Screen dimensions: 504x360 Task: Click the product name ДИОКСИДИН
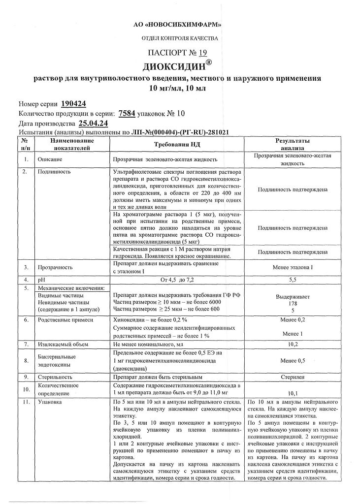coord(177,65)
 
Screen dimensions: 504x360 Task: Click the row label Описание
coord(50,160)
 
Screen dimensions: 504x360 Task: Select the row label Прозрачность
coord(55,268)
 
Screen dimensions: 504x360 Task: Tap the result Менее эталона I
coord(293,268)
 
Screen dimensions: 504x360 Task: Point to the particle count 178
coord(293,304)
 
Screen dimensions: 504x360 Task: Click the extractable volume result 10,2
coord(293,345)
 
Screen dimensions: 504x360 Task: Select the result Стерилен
coord(293,377)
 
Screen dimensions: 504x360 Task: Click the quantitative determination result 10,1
coord(293,393)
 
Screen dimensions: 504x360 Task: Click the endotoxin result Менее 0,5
coord(293,361)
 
